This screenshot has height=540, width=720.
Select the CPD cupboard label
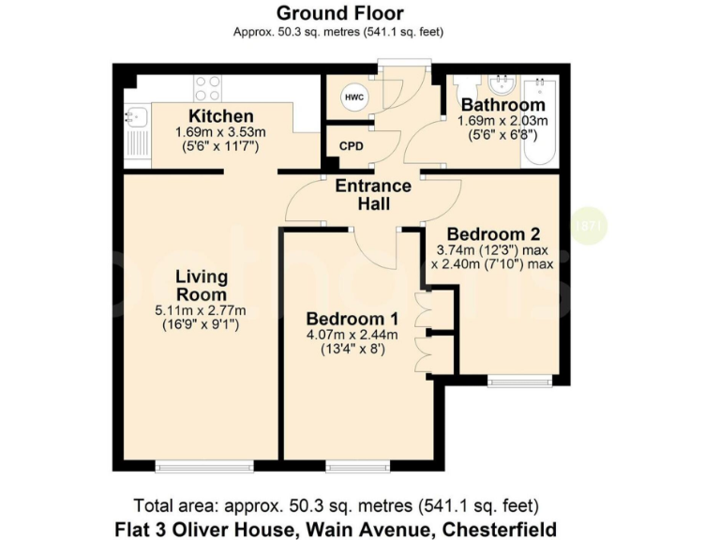(351, 147)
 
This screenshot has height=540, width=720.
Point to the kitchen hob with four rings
(207, 88)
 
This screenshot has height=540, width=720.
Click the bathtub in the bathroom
(541, 120)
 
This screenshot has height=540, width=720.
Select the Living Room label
(202, 285)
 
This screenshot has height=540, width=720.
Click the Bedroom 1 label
(345, 319)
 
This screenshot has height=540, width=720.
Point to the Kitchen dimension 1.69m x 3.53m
(216, 133)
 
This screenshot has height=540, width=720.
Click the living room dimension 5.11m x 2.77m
(202, 311)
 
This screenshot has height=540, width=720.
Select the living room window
(204, 466)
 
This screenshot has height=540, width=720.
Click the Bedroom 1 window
(357, 466)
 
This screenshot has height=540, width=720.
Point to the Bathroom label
(502, 105)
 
